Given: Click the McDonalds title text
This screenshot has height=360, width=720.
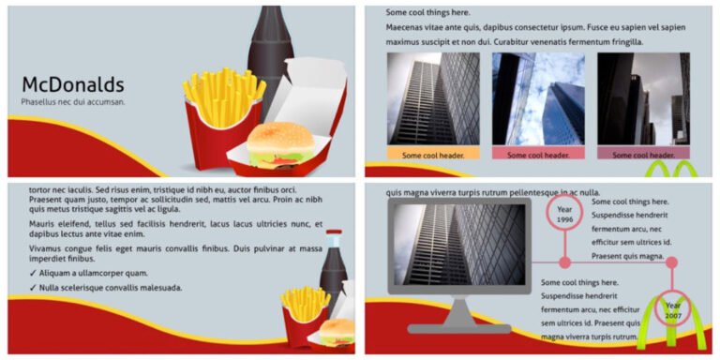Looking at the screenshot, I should tap(72, 84).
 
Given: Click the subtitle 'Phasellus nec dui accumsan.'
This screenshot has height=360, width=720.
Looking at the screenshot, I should tap(73, 101).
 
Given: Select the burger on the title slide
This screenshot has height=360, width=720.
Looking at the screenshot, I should tap(281, 144).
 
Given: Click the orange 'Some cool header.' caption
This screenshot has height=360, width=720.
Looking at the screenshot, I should tap(433, 154).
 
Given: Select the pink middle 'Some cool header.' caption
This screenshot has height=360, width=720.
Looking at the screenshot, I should tap(538, 154).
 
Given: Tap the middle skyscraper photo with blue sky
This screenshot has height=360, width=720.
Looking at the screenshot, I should tap(538, 97).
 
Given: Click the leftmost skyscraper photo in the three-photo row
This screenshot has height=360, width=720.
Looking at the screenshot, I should tap(433, 97).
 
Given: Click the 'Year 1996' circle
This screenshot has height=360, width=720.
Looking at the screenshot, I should tap(564, 215).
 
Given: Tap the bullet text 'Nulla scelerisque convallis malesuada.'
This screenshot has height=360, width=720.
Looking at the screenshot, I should tap(111, 288).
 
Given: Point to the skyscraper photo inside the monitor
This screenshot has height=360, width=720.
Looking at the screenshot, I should tap(459, 246).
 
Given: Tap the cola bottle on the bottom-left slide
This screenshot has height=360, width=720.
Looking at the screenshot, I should tap(334, 272).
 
